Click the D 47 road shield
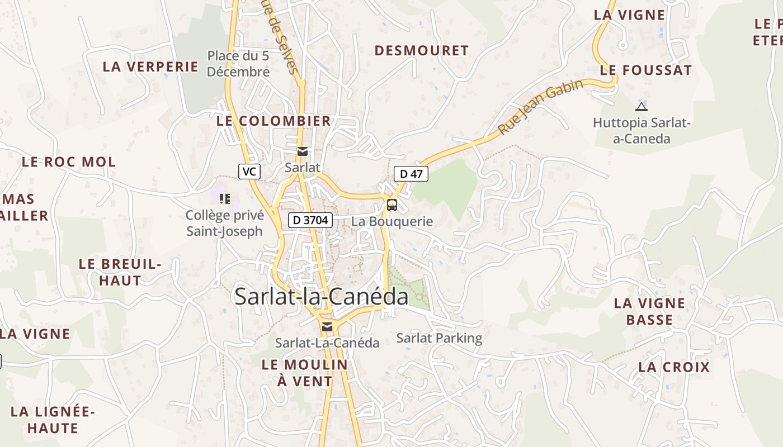pos(411,174)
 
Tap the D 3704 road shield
pos(310,220)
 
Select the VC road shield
pos(249,172)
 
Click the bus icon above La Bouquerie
pos(392,205)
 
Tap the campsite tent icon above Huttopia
pos(642,107)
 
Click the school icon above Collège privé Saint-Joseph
pos(225,198)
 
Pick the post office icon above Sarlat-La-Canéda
pos(327,327)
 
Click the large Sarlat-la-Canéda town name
pos(321,296)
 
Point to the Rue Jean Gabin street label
pos(540,106)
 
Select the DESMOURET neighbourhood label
pos(421,51)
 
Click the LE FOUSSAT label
pos(646,70)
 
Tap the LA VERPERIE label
pos(150,66)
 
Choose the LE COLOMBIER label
pos(273,121)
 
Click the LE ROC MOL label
pos(69,162)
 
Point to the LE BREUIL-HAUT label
pos(120,272)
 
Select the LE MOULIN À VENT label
pos(304,373)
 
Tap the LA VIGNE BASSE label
pos(649,311)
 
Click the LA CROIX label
pos(674,367)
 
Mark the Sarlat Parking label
pos(439,338)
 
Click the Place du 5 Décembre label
pos(238,64)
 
